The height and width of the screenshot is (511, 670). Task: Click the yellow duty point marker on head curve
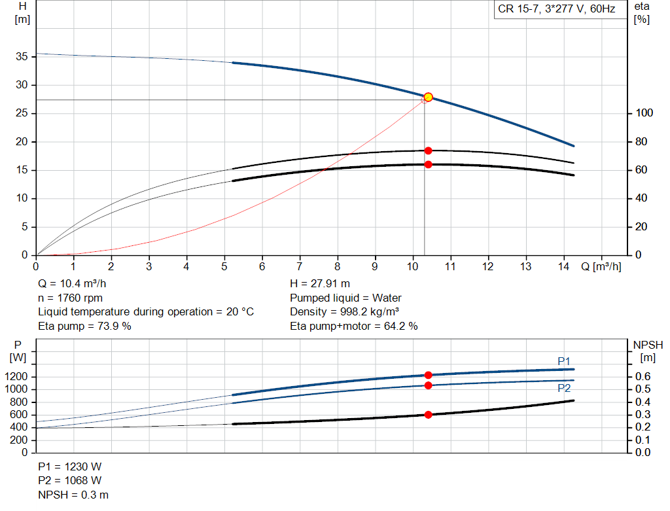pos(428,97)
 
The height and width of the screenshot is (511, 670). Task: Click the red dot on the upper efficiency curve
pos(428,150)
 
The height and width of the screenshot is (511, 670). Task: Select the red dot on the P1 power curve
pos(428,375)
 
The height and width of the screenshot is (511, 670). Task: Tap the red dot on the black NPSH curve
pos(428,414)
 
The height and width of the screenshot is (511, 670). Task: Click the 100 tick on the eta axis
pos(644,114)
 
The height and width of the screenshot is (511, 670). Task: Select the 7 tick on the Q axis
pos(300,267)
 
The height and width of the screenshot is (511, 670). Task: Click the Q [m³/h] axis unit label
pos(601,267)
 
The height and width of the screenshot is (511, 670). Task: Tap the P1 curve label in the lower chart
pos(563,361)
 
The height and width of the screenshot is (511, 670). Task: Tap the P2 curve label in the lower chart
pos(563,388)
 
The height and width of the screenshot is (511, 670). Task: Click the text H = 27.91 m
pos(320,284)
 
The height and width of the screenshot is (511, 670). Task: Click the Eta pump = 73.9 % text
pos(84,326)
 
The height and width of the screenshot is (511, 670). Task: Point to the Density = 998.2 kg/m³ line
pos(344,312)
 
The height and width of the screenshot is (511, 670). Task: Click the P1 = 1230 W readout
pos(70,467)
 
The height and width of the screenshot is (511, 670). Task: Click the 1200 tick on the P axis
pos(18,377)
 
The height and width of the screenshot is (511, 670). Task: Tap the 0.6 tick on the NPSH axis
pos(644,377)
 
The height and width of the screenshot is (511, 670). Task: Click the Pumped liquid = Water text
pos(345,298)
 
